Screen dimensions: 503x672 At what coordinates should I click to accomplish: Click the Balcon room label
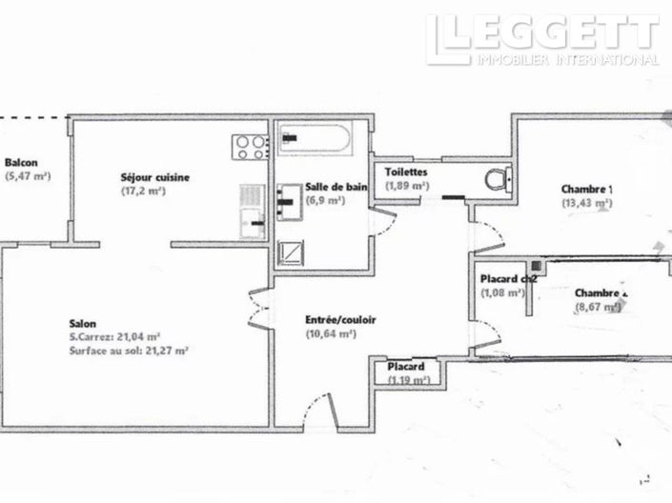20,162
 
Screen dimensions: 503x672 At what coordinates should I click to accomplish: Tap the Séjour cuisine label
154,177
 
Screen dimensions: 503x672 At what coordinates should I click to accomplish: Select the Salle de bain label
336,188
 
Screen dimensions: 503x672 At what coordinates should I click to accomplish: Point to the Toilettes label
406,171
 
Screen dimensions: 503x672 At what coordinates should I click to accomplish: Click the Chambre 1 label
586,189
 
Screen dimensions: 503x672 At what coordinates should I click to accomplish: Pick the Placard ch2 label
508,278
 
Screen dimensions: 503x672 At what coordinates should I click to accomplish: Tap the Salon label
83,323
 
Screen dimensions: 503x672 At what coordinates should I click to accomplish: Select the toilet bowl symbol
496,179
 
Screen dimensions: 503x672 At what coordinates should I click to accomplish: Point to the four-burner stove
252,146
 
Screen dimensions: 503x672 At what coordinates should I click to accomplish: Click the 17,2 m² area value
143,191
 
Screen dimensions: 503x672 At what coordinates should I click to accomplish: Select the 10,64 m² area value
331,333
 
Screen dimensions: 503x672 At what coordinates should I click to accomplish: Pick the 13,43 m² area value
586,203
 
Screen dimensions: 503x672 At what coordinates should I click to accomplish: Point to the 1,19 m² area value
408,380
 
